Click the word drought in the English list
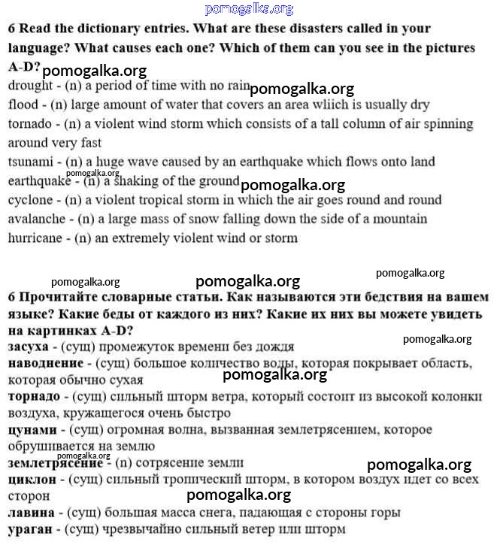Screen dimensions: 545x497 29,86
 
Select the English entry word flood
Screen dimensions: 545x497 23,104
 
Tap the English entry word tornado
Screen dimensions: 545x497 30,123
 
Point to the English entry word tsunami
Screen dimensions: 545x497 31,162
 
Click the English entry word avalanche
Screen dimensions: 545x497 34,219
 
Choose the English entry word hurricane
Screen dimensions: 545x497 35,238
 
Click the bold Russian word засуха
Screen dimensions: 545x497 29,347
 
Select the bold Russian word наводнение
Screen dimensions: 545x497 42,364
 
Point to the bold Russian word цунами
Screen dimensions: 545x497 32,430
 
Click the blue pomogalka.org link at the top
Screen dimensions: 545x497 249,8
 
